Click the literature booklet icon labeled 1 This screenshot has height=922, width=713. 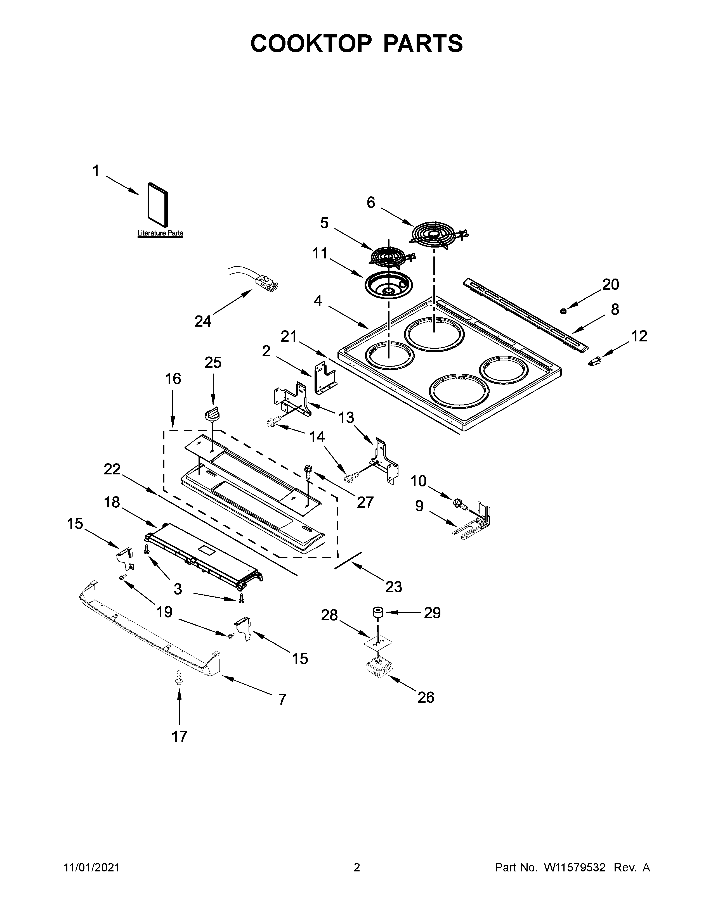(157, 205)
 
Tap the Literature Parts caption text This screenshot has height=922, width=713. (160, 233)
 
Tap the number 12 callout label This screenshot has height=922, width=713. (639, 336)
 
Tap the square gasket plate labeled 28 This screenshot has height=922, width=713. (378, 643)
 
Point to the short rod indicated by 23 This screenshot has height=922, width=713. (348, 560)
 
